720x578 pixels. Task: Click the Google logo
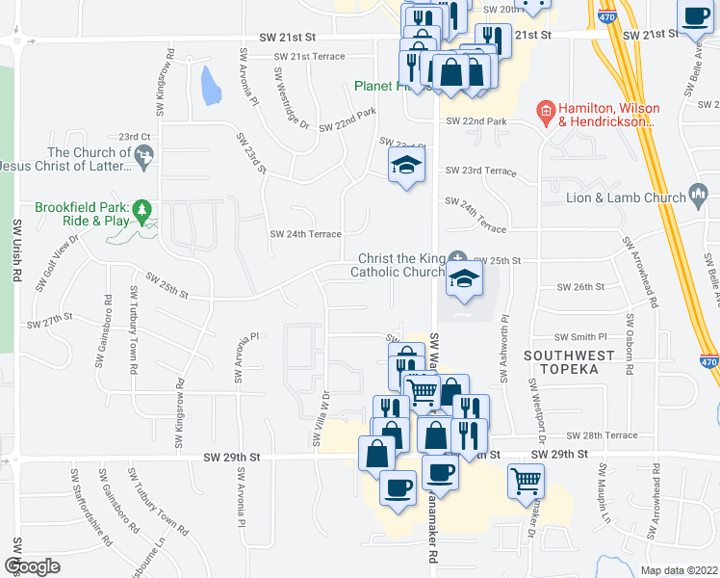(32, 566)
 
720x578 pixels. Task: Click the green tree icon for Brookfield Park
(142, 208)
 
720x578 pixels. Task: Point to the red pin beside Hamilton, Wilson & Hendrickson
(545, 113)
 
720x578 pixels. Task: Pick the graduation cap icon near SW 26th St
(464, 280)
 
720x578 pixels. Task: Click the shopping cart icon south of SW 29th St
(526, 480)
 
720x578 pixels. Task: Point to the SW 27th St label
(50, 320)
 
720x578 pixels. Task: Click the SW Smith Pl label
(581, 338)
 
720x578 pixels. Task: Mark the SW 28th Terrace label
(602, 435)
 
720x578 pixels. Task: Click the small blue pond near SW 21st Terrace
(209, 85)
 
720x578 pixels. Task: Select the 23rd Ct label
(135, 137)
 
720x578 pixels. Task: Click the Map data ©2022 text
(680, 570)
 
